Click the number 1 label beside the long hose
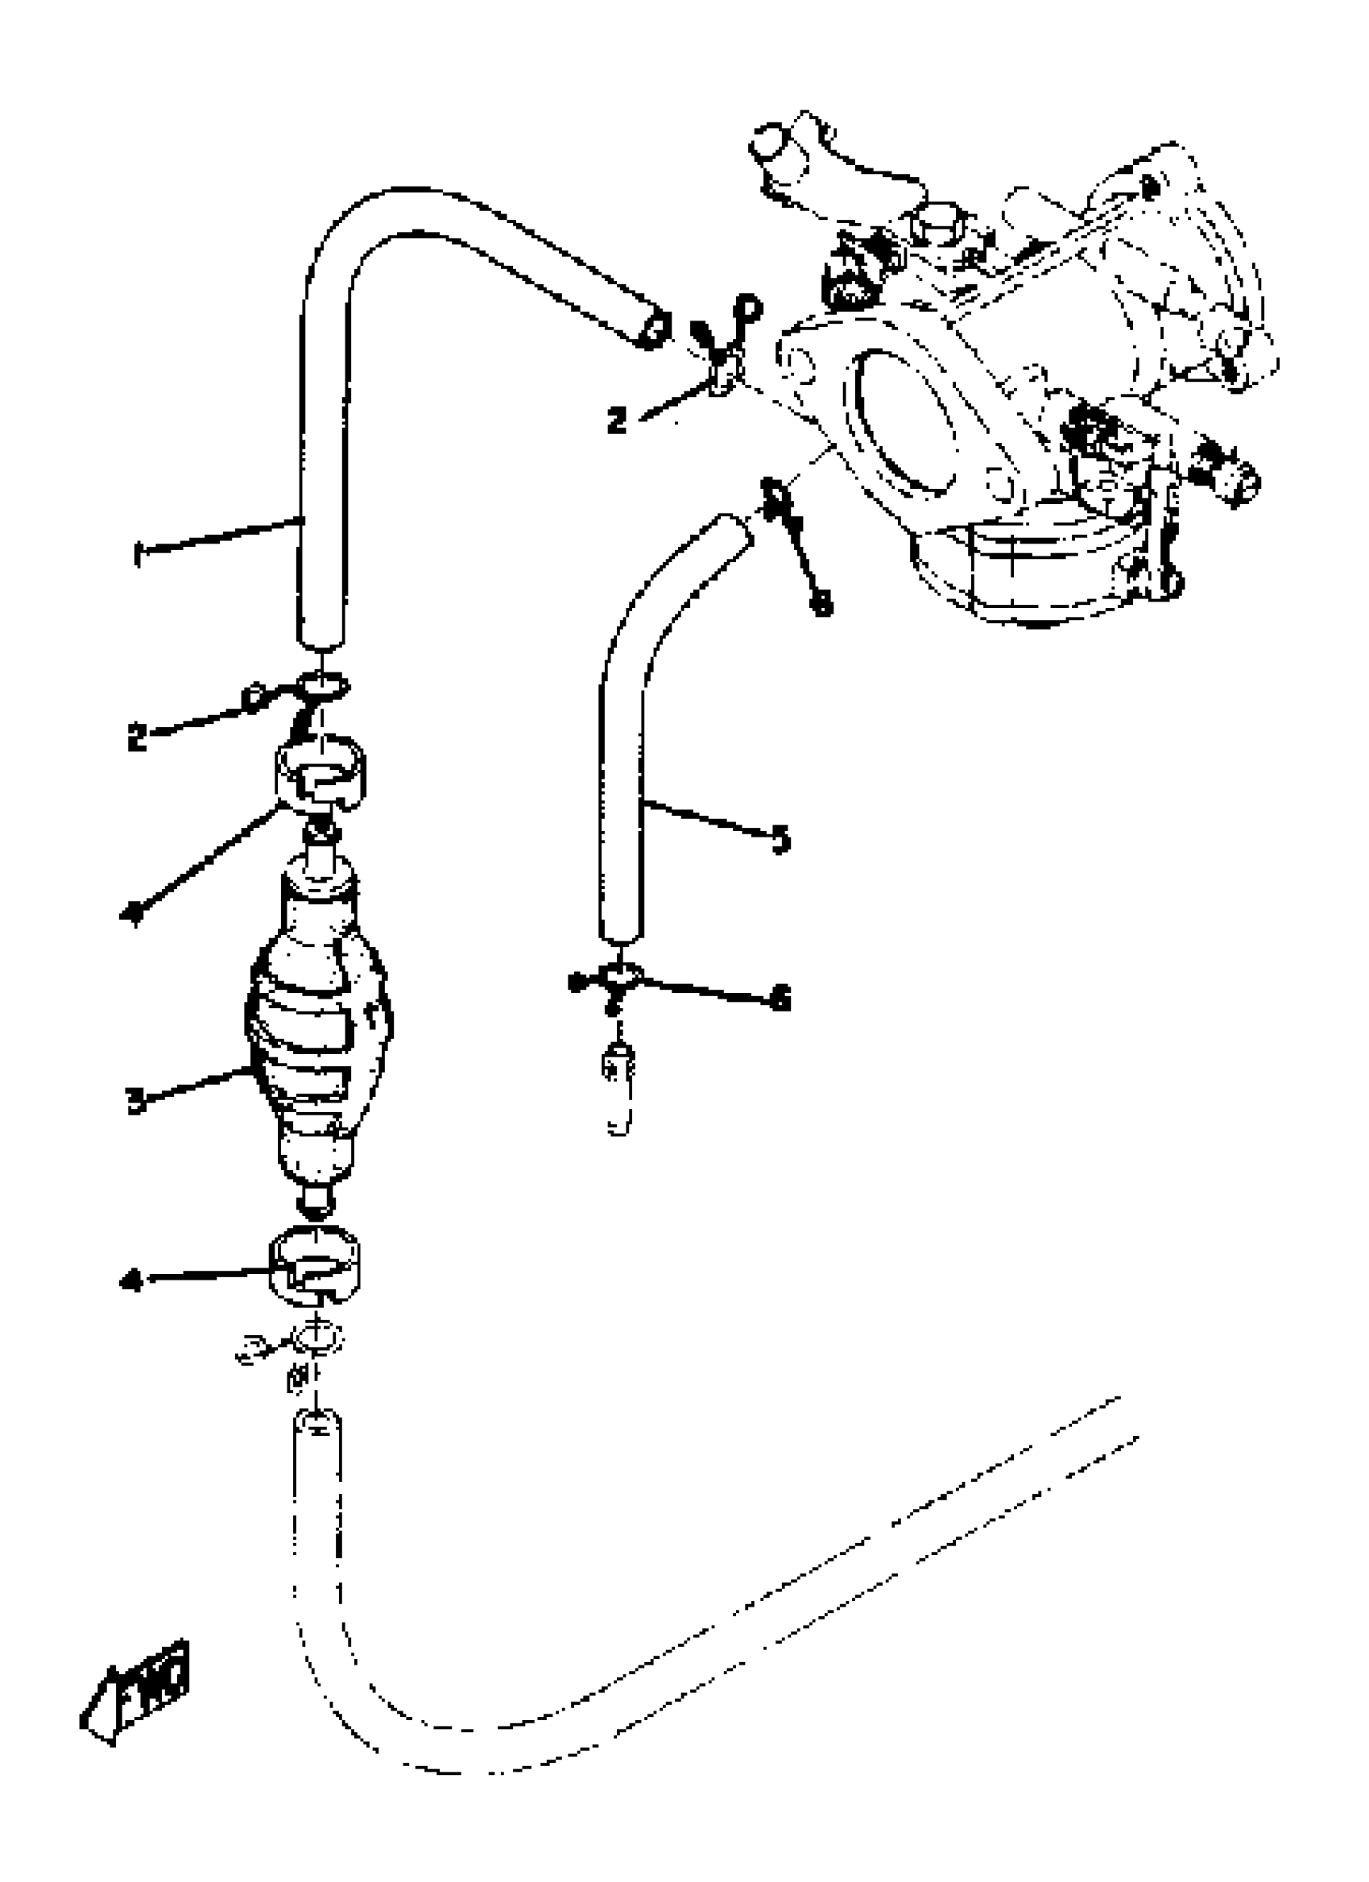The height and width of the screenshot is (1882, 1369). pos(138,553)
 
